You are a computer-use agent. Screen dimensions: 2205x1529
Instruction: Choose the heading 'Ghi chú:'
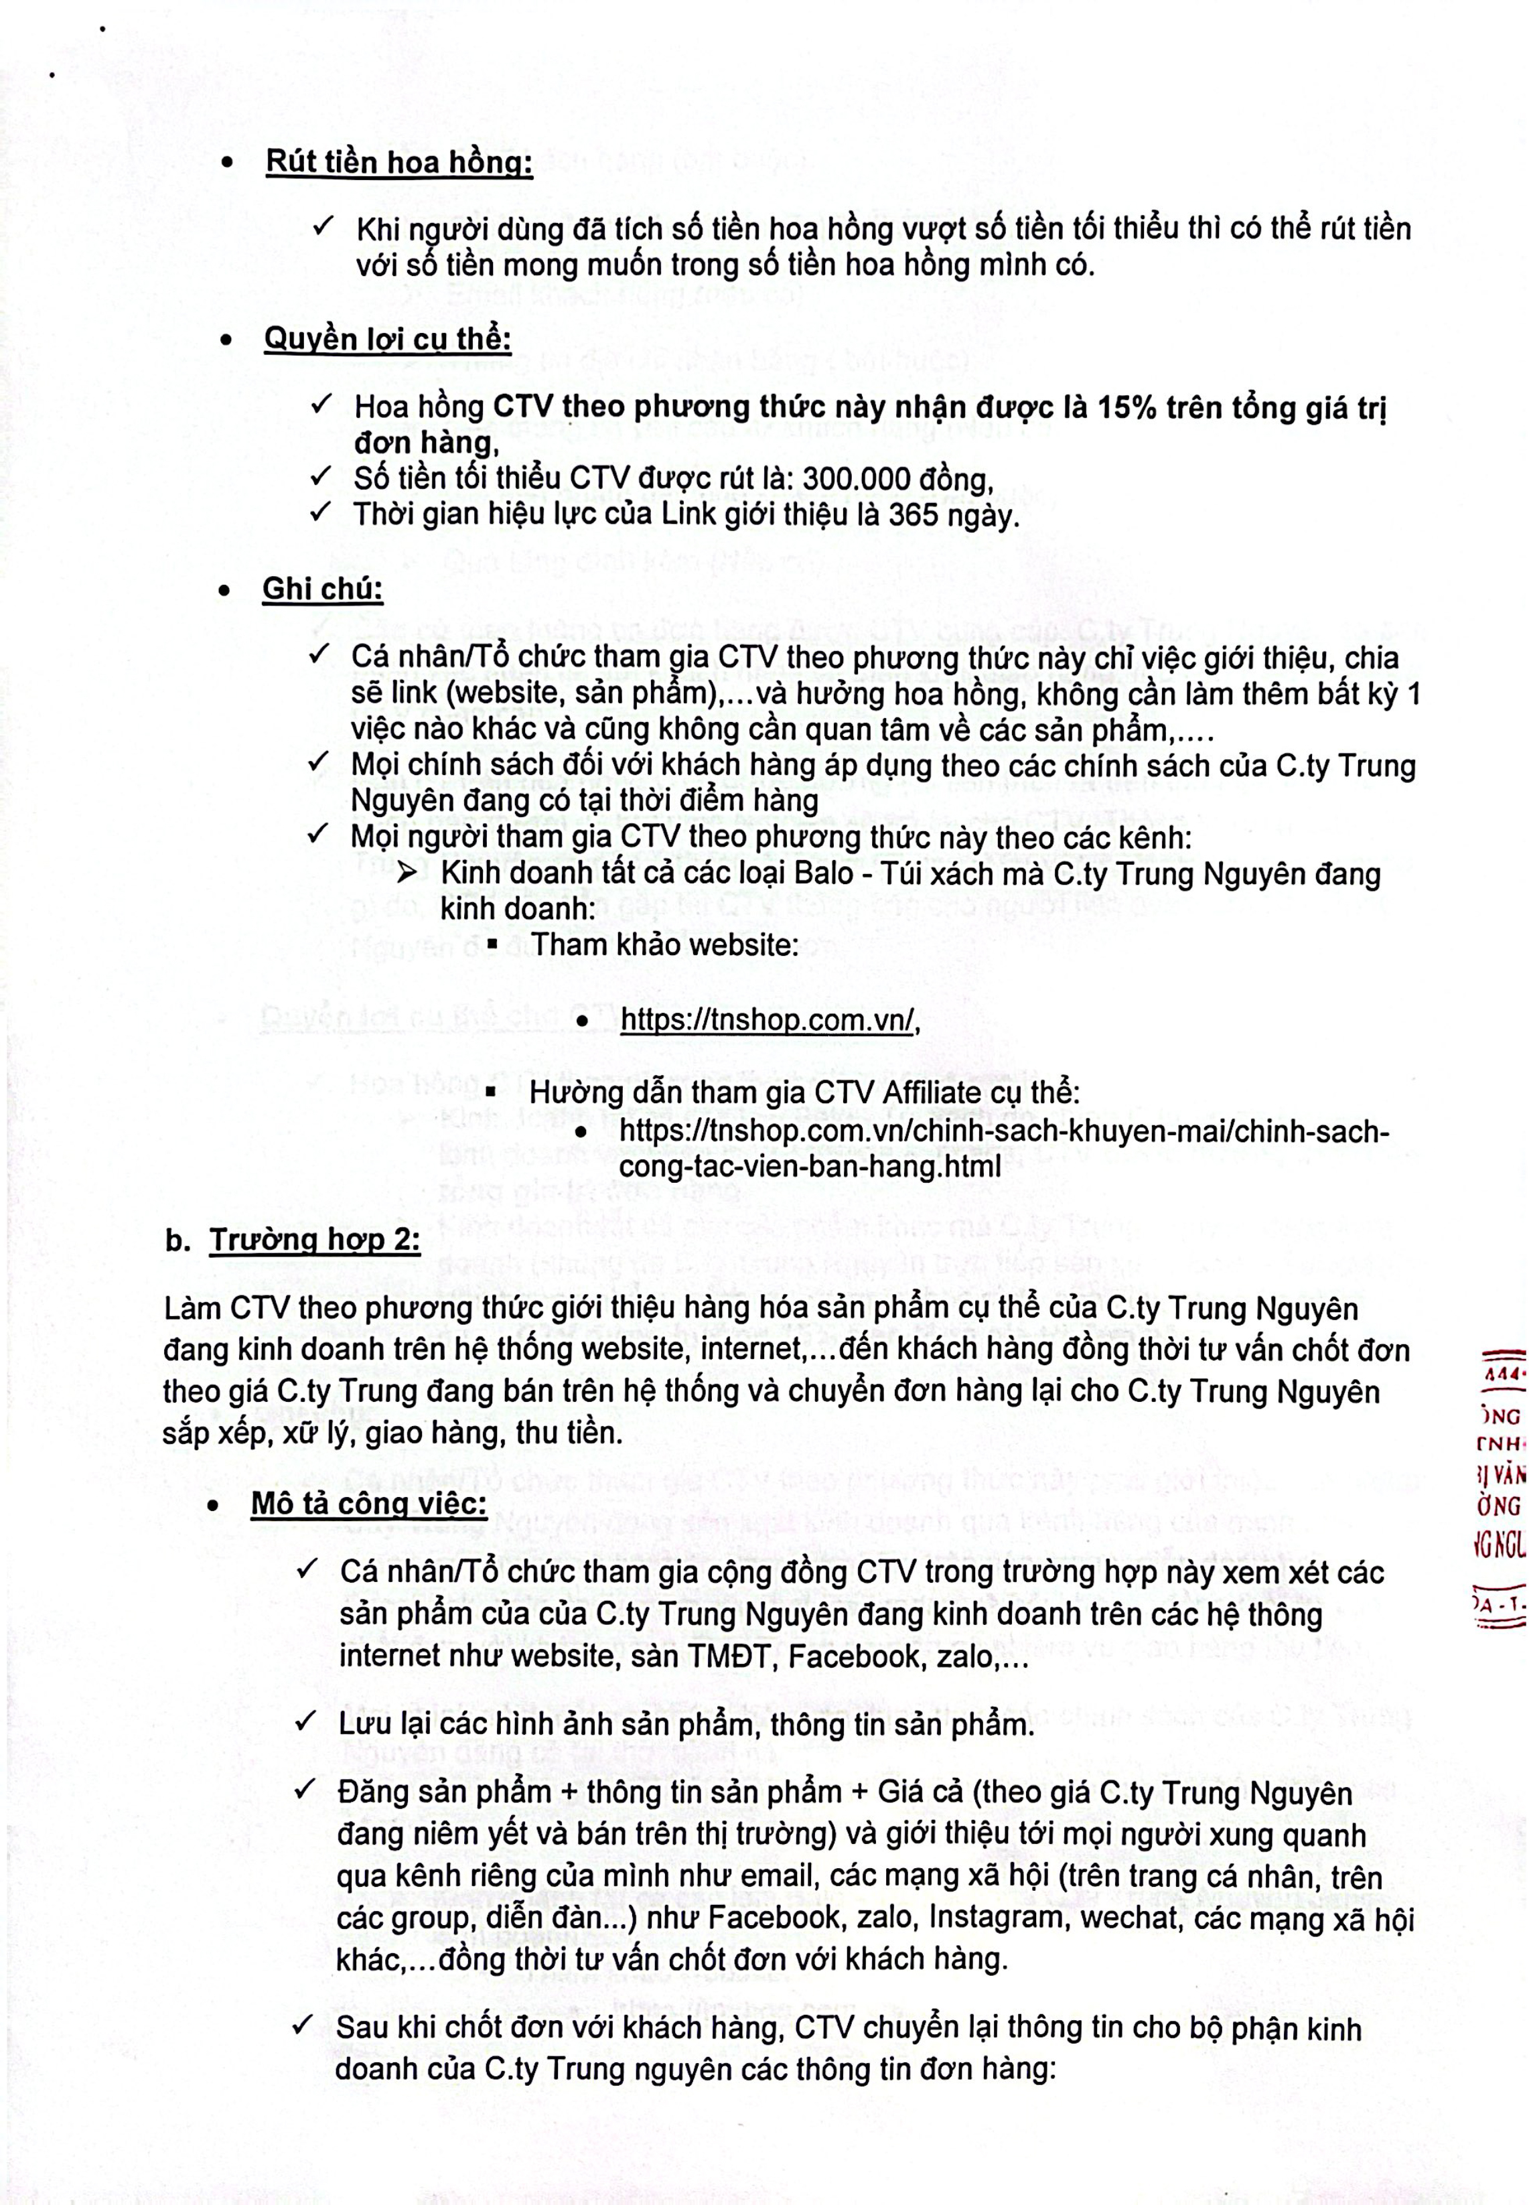coord(322,589)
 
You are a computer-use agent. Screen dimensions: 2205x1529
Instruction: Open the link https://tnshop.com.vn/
coord(768,1020)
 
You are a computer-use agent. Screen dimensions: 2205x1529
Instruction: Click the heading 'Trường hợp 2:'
coord(314,1240)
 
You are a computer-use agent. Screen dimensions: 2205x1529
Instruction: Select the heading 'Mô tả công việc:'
coord(369,1504)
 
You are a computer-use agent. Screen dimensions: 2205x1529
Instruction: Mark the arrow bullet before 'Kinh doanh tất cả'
coord(407,873)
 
